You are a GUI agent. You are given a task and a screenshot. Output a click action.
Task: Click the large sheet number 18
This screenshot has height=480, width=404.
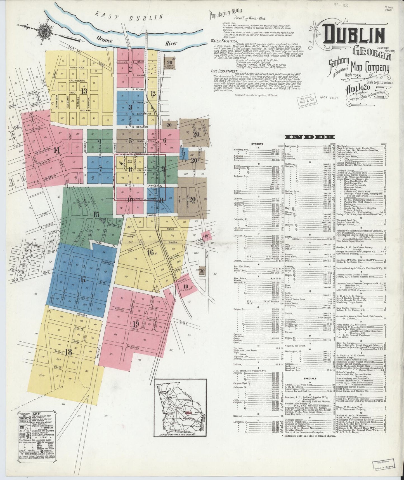pyautogui.click(x=68, y=352)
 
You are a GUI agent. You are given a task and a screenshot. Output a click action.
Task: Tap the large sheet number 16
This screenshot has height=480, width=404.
pyautogui.click(x=150, y=252)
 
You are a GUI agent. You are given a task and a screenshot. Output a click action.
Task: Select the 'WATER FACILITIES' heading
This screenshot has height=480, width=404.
pyautogui.click(x=222, y=41)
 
